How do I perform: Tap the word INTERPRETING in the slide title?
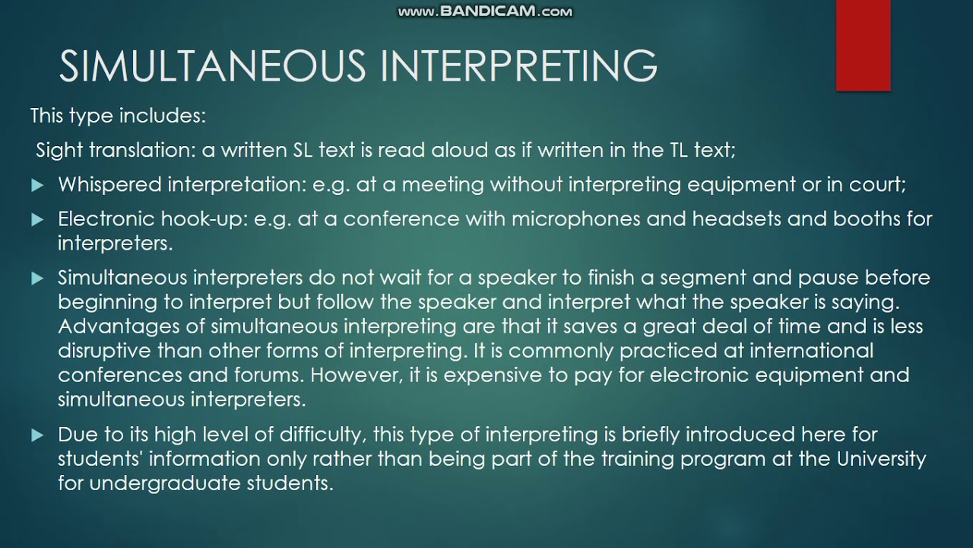coord(519,66)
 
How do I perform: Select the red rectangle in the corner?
coord(863,46)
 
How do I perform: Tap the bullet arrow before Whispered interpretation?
coord(38,185)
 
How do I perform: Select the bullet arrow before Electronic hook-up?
coord(38,220)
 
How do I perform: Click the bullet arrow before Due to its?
coord(38,435)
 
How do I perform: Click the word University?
coord(882,459)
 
